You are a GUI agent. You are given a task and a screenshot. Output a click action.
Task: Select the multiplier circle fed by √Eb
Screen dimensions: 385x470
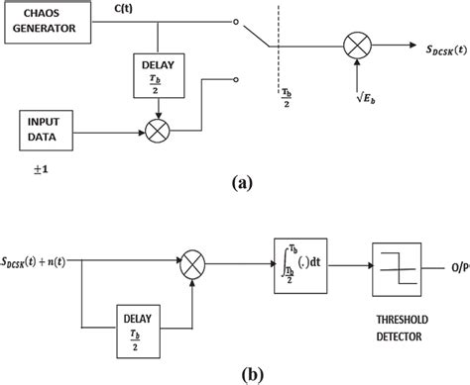(x=354, y=43)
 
